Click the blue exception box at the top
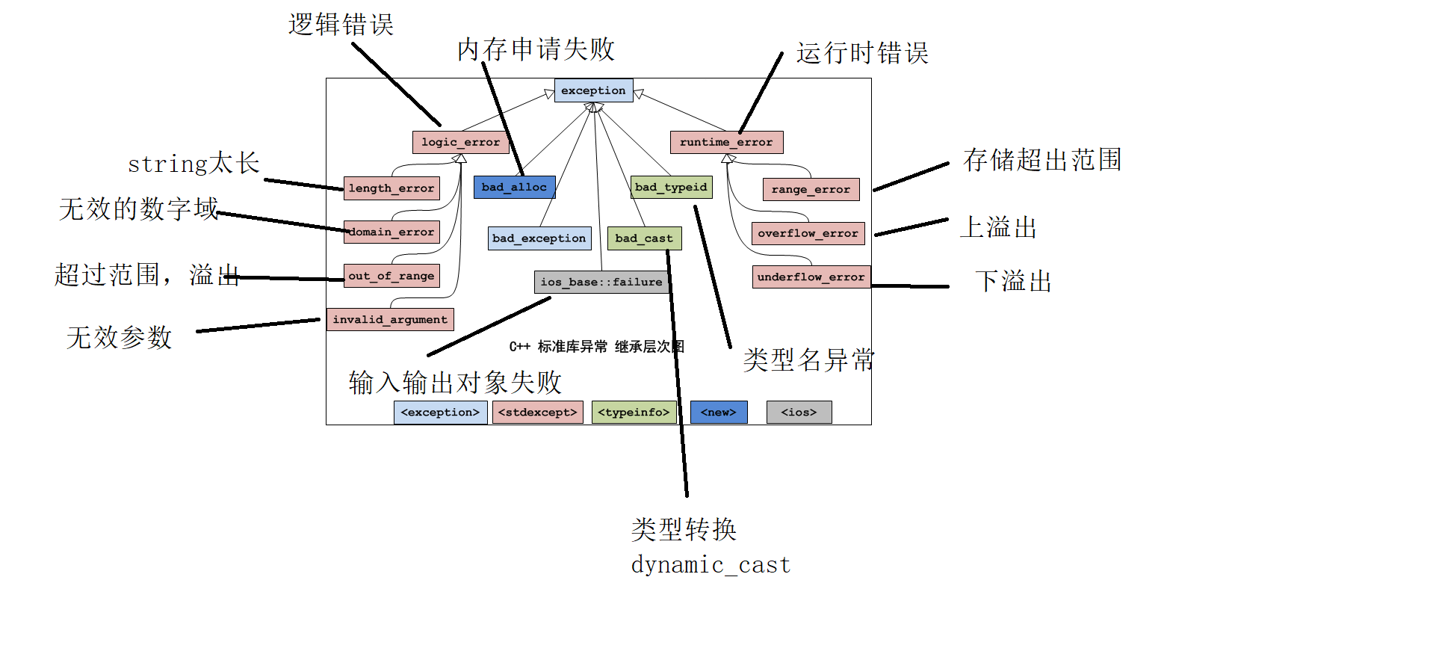[593, 90]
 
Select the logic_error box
[460, 142]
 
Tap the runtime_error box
[726, 142]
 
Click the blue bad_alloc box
[514, 187]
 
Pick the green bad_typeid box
[671, 187]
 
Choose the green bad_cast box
[644, 238]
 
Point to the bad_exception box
[539, 238]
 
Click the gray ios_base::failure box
[601, 282]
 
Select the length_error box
[391, 188]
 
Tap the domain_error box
[391, 232]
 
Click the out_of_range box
[391, 276]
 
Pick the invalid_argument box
[390, 319]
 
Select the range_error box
[811, 189]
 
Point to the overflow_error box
[808, 233]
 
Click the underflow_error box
[811, 277]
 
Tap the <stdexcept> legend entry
[538, 413]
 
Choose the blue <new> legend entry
[719, 413]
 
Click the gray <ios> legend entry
[799, 413]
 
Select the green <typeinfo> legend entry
[634, 413]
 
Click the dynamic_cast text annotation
[711, 564]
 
